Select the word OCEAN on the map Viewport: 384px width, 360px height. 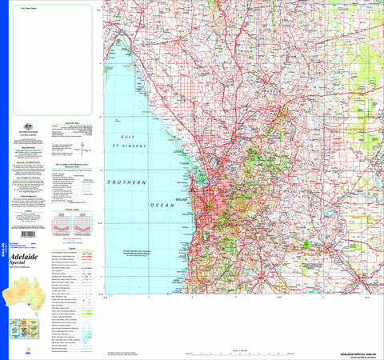pyautogui.click(x=134, y=207)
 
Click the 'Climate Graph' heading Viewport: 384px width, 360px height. pyautogui.click(x=73, y=209)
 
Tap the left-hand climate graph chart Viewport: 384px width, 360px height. pyautogui.click(x=62, y=223)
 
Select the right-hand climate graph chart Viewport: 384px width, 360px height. pyautogui.click(x=83, y=223)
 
